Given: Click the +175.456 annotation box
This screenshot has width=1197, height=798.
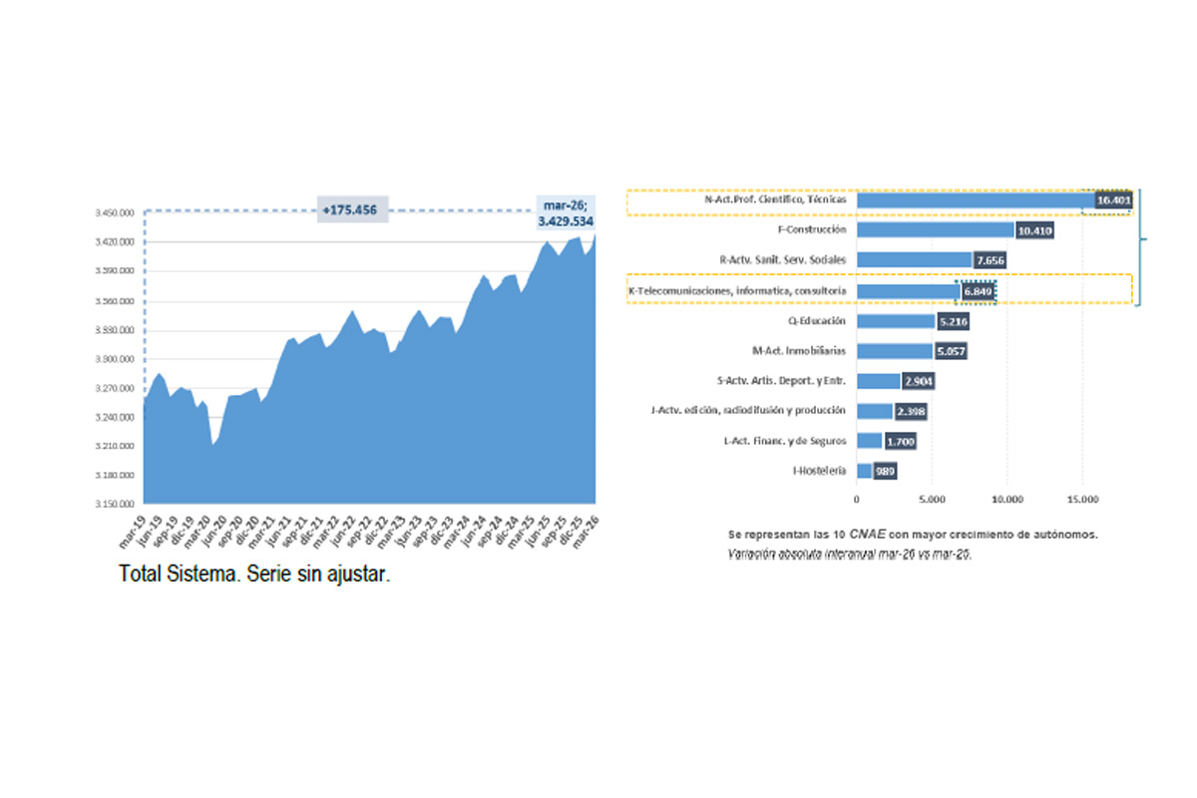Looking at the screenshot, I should [x=353, y=209].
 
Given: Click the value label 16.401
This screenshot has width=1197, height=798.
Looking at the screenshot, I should [x=1113, y=200].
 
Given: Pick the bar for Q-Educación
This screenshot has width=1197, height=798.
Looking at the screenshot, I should [x=895, y=321].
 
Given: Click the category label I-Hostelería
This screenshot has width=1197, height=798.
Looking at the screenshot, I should [x=820, y=470].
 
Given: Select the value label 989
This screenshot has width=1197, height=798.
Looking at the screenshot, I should [x=885, y=471].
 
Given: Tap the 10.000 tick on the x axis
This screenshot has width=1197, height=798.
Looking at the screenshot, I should [x=1006, y=499].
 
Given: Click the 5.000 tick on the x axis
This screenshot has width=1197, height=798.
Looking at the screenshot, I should [x=931, y=499].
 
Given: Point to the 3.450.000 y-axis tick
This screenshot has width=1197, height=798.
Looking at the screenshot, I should [x=115, y=213].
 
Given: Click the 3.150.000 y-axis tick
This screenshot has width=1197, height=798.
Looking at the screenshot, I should [x=115, y=503].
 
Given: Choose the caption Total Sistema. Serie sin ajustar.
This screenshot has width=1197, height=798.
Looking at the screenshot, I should [x=254, y=576].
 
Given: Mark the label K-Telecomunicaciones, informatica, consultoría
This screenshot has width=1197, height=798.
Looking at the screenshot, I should [x=738, y=290].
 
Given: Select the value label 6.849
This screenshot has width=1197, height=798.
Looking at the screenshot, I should [x=977, y=291].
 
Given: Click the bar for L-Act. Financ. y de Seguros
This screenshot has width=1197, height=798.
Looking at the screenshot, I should [x=869, y=441].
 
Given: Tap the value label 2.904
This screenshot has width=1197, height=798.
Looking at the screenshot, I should [x=918, y=381].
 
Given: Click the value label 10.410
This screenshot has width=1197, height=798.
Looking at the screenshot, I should [x=1034, y=230].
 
